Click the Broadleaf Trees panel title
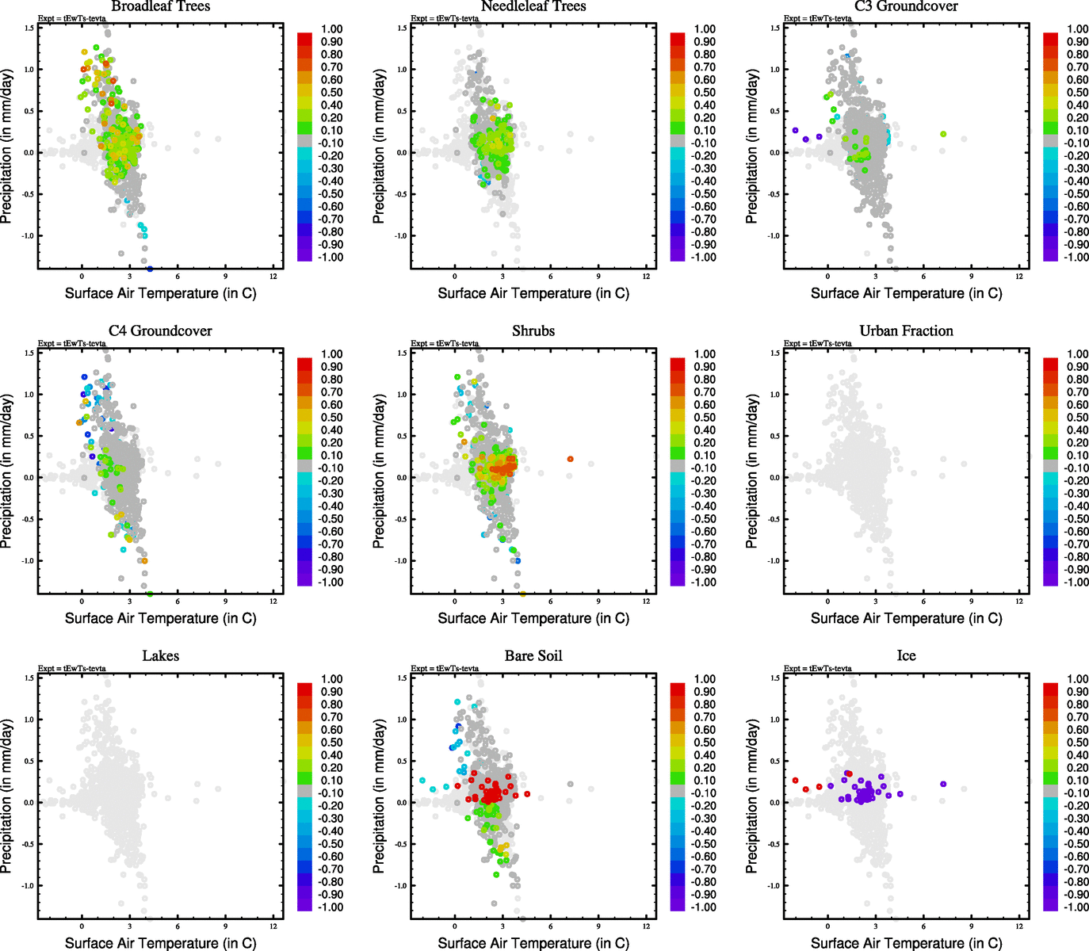[x=161, y=6]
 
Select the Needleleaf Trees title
[x=533, y=6]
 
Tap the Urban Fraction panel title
[x=906, y=331]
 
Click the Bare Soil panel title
[x=533, y=656]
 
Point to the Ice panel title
[x=906, y=656]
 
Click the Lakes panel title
[x=161, y=656]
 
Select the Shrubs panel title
[x=533, y=331]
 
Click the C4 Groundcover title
[x=161, y=331]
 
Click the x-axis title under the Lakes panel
[x=161, y=943]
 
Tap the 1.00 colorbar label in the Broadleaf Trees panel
[x=332, y=29]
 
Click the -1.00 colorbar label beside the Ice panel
[x=1076, y=907]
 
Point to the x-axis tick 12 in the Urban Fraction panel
[x=1019, y=602]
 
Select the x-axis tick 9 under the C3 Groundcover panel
[x=971, y=277]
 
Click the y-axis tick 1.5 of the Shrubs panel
[x=402, y=353]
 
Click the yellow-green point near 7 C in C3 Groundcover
[x=943, y=134]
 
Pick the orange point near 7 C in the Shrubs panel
[x=570, y=459]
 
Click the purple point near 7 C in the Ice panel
[x=943, y=784]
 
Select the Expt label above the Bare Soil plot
[x=445, y=669]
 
